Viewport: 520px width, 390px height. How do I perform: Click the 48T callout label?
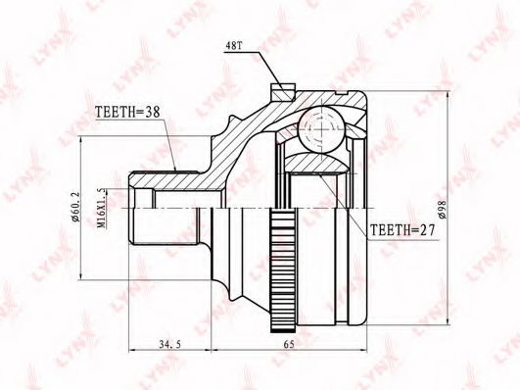(x=234, y=46)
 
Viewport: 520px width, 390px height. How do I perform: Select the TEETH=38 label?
(x=127, y=112)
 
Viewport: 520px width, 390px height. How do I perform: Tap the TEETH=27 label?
(x=402, y=229)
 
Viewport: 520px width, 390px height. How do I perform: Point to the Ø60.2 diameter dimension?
(x=75, y=207)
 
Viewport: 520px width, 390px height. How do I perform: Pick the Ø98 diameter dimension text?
(x=443, y=209)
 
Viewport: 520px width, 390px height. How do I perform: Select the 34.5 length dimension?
(x=169, y=345)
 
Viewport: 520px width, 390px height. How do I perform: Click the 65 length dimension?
(x=289, y=344)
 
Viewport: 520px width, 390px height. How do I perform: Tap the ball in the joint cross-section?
(x=320, y=129)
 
